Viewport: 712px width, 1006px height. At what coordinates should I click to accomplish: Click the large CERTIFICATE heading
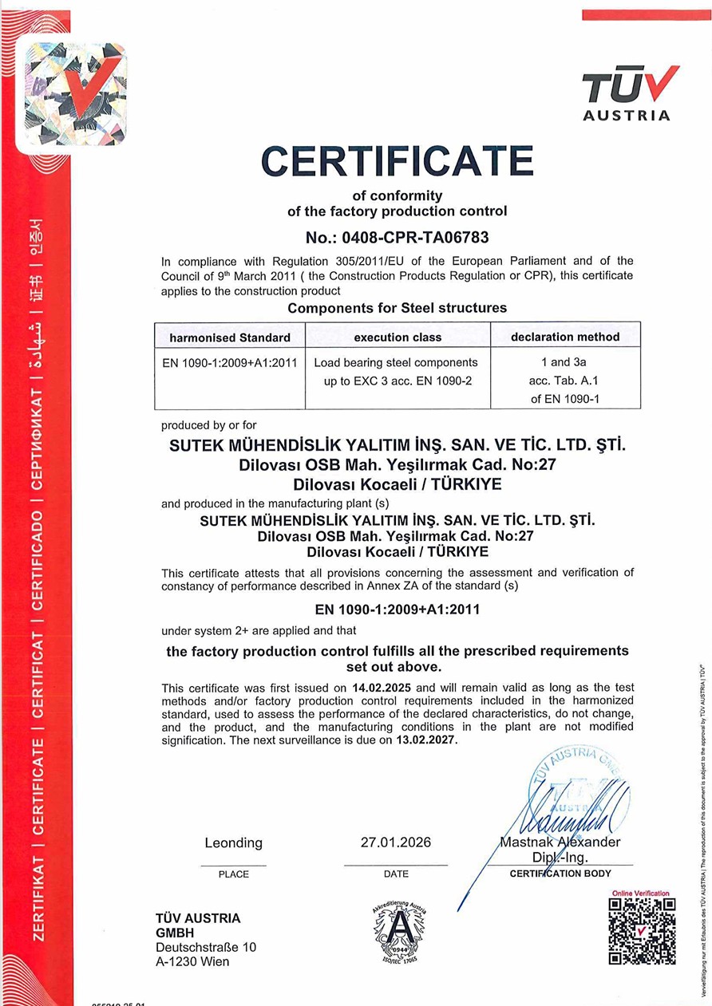pyautogui.click(x=397, y=162)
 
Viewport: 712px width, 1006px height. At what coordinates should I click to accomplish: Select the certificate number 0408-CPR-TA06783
pyautogui.click(x=397, y=237)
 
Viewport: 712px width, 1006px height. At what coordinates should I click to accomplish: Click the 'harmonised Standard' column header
pyautogui.click(x=230, y=337)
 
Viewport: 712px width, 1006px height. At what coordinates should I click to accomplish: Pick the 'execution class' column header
pyautogui.click(x=398, y=337)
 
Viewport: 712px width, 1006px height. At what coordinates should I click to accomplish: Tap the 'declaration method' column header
pyautogui.click(x=565, y=337)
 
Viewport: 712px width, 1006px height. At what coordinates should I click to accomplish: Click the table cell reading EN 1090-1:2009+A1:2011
pyautogui.click(x=230, y=362)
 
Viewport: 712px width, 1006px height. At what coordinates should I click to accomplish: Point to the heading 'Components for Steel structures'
pyautogui.click(x=397, y=308)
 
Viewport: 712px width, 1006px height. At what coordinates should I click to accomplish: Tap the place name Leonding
pyautogui.click(x=233, y=842)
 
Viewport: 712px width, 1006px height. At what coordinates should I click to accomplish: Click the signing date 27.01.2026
pyautogui.click(x=396, y=842)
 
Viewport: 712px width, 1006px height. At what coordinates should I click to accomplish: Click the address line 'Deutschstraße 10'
pyautogui.click(x=206, y=947)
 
